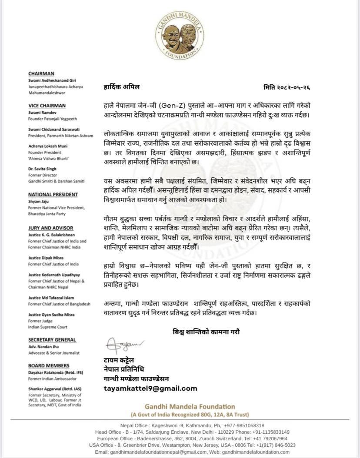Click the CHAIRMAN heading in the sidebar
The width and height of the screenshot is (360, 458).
(41, 73)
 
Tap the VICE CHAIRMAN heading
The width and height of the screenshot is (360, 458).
(47, 106)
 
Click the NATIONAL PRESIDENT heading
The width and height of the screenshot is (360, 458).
(53, 195)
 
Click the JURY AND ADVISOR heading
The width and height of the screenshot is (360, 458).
(51, 228)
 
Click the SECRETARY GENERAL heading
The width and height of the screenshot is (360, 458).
(52, 340)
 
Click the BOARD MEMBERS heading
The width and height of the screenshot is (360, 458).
(49, 366)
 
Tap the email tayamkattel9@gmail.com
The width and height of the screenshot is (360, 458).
(150, 388)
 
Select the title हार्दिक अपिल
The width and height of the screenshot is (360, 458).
(122, 87)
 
